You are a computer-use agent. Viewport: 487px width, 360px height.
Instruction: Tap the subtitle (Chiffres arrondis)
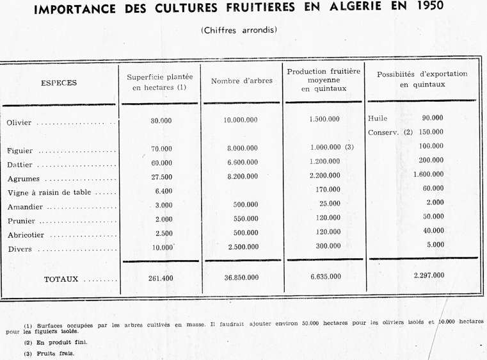click(x=239, y=29)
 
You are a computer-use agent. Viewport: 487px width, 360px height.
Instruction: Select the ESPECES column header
click(x=59, y=83)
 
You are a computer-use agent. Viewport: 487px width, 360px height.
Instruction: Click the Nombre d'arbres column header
click(x=242, y=81)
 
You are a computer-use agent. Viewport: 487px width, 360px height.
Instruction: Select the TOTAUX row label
click(x=61, y=279)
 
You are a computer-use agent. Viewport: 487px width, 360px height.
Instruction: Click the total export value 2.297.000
click(x=429, y=275)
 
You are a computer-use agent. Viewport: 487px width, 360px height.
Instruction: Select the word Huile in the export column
click(x=378, y=119)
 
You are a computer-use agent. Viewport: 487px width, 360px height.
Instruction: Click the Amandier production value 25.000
click(x=330, y=204)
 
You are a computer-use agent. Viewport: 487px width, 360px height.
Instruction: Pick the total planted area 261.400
click(x=161, y=277)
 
